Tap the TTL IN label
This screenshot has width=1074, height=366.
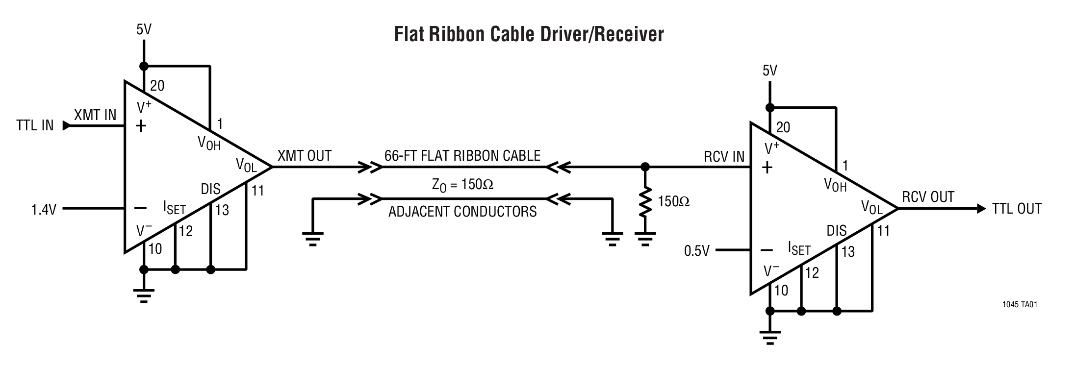[x=34, y=125]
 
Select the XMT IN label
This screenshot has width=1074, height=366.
[x=95, y=115]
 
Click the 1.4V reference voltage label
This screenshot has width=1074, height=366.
[x=44, y=210]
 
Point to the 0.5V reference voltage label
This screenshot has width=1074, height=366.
[x=697, y=251]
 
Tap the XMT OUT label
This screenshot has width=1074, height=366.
[x=305, y=156]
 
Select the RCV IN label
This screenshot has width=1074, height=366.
[x=724, y=157]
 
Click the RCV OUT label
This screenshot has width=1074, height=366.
[x=928, y=197]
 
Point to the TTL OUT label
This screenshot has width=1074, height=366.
[x=1016, y=209]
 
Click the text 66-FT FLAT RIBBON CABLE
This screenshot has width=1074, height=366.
[x=462, y=156]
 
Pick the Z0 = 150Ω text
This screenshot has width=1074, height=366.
[x=462, y=185]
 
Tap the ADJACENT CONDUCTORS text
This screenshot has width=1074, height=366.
[x=462, y=212]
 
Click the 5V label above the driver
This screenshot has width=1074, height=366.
[x=144, y=30]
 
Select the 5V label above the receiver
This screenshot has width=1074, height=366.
[x=769, y=71]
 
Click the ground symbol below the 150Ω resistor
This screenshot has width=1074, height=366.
[x=645, y=239]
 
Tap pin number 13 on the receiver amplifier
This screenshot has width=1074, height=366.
[x=848, y=252]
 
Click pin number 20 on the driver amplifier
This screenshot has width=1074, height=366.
[x=157, y=86]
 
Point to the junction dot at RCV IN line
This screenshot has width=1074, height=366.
[x=645, y=167]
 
